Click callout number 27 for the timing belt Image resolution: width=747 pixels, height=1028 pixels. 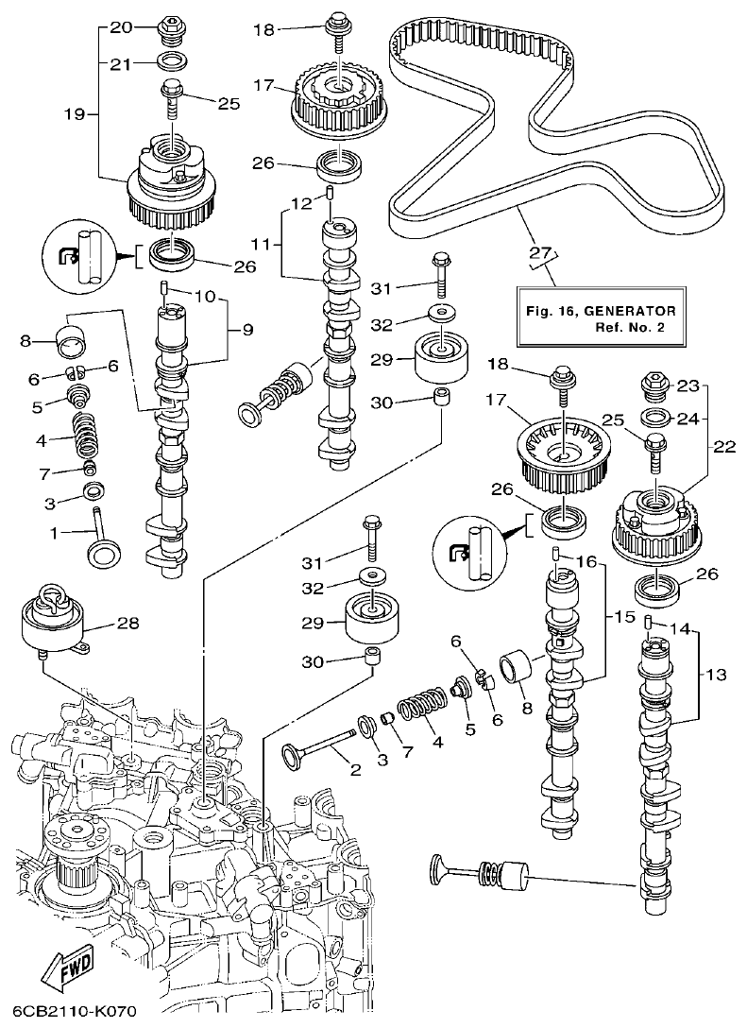click(539, 251)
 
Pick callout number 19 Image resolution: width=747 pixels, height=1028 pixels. click(74, 114)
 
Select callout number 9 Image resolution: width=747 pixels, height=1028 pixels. click(246, 330)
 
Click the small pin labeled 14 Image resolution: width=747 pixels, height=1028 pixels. click(650, 621)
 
